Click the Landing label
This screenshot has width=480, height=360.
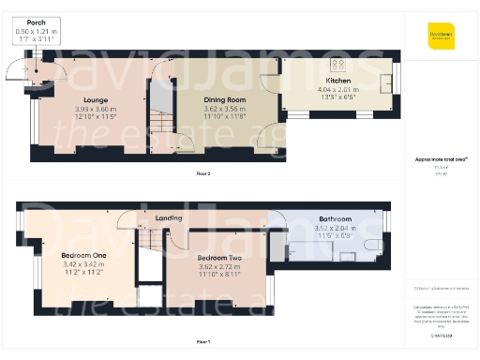click(x=169, y=218)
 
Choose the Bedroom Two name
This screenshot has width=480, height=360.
click(x=218, y=257)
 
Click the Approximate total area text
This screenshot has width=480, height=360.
click(x=440, y=159)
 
